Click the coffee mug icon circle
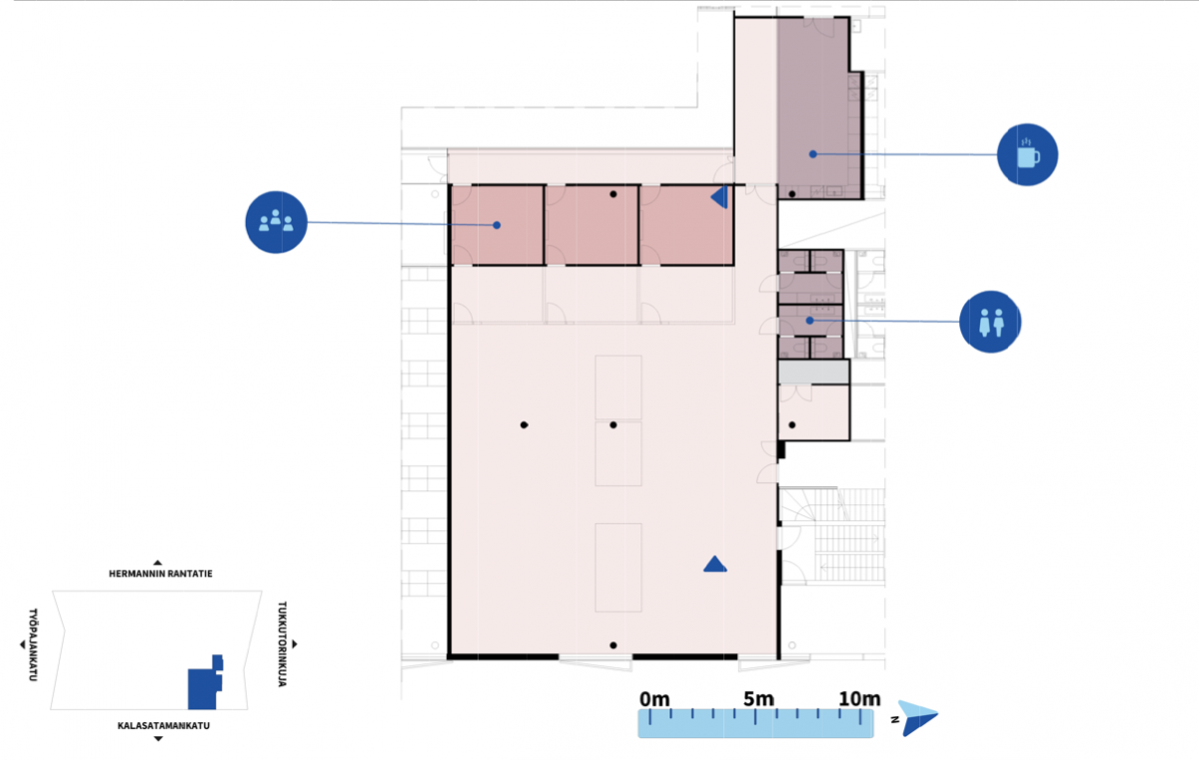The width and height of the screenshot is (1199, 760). point(1027,155)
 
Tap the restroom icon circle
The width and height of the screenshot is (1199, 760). point(990,322)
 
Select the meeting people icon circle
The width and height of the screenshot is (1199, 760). point(276,222)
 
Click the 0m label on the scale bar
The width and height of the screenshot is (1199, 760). point(654,699)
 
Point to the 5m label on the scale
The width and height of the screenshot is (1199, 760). point(758,699)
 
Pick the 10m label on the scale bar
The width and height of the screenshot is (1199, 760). point(859,699)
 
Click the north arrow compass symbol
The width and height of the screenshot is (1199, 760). point(917,718)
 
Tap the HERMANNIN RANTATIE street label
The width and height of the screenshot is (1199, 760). point(161,574)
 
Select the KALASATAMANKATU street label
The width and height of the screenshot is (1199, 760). point(163,726)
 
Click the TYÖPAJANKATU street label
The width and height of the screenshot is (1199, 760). point(33,644)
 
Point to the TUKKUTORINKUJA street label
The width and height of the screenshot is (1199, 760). point(282,644)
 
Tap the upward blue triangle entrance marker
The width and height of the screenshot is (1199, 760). point(715,564)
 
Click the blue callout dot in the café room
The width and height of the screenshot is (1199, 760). point(812,154)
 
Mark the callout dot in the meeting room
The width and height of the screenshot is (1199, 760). point(497,225)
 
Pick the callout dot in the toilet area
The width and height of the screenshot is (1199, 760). point(810,321)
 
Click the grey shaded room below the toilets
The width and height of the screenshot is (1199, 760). point(813,372)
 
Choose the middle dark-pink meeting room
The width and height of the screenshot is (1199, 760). point(592,225)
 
